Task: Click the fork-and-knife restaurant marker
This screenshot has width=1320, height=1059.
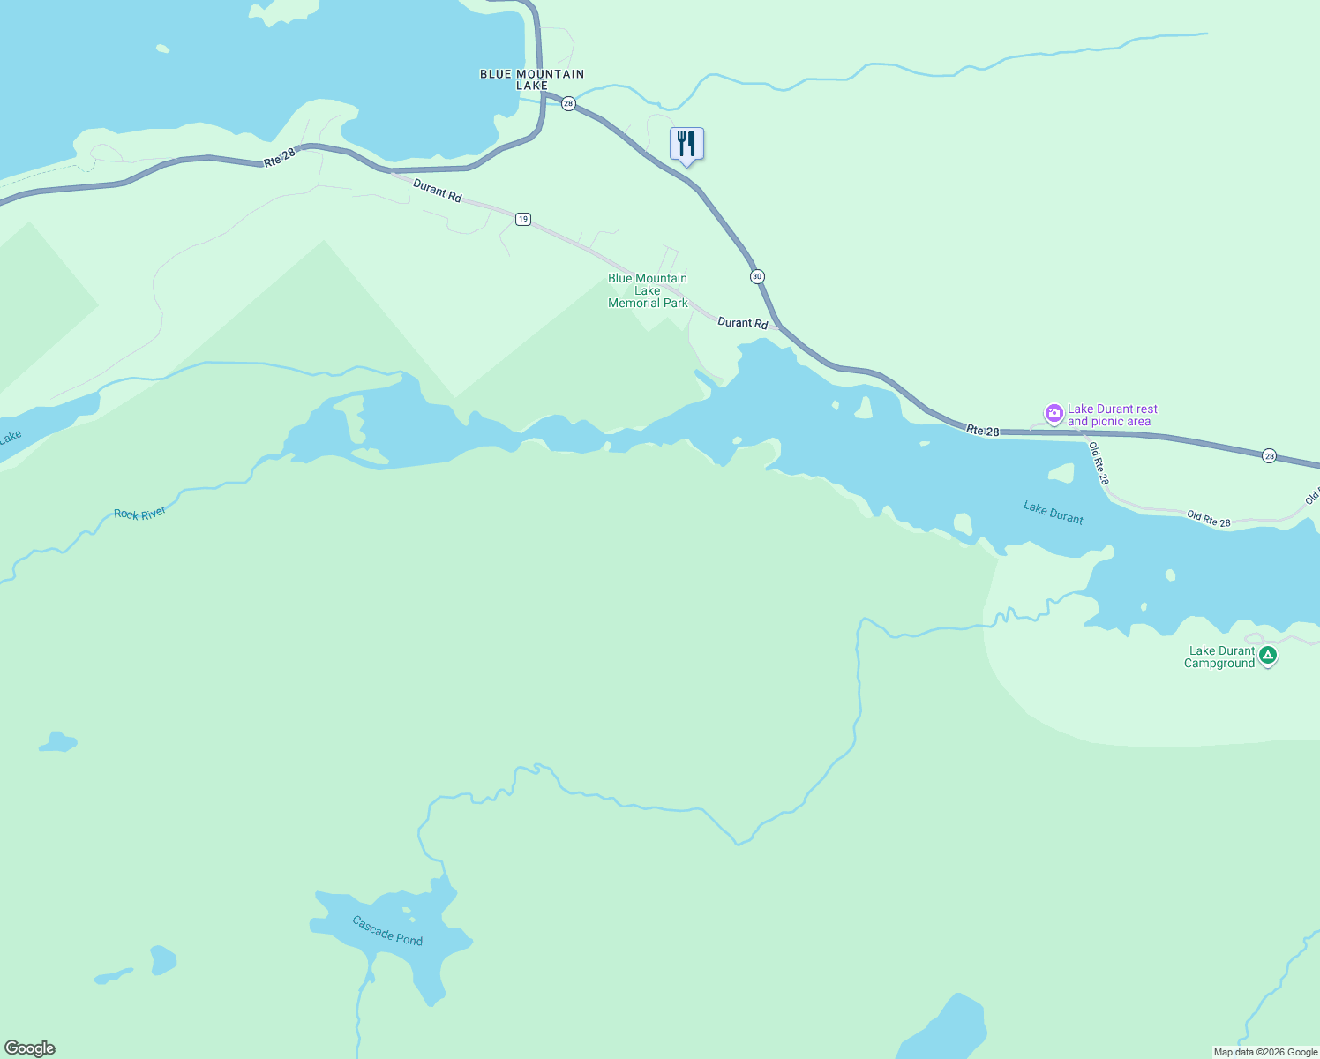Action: pyautogui.click(x=686, y=144)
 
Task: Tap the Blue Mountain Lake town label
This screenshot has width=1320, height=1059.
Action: pyautogui.click(x=532, y=79)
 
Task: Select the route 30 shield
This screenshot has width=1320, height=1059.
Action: pyautogui.click(x=757, y=276)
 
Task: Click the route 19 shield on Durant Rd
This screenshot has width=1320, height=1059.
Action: pyautogui.click(x=523, y=219)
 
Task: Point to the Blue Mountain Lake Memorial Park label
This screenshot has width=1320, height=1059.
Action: pyautogui.click(x=648, y=290)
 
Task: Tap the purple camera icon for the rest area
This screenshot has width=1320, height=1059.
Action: pyautogui.click(x=1054, y=413)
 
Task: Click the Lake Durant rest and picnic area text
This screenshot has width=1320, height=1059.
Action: pyautogui.click(x=1112, y=415)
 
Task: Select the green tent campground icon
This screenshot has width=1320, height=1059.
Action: pyautogui.click(x=1268, y=656)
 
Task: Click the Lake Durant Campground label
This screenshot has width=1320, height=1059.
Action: pyautogui.click(x=1219, y=657)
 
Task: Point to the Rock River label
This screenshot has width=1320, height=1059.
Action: pyautogui.click(x=140, y=514)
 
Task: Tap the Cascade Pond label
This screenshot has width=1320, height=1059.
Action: pyautogui.click(x=387, y=930)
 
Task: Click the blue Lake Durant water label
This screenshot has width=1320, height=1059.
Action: pyautogui.click(x=1054, y=513)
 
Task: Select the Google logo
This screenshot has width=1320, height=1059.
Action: pyautogui.click(x=30, y=1048)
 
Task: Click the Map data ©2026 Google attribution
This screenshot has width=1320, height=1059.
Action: pyautogui.click(x=1265, y=1052)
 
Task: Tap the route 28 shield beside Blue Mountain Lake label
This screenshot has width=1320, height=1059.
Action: pyautogui.click(x=568, y=103)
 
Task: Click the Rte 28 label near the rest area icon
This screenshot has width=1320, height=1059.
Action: pyautogui.click(x=982, y=431)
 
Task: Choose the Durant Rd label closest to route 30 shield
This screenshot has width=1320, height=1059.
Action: pyautogui.click(x=742, y=323)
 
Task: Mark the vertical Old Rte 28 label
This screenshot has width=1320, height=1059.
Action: pyautogui.click(x=1098, y=463)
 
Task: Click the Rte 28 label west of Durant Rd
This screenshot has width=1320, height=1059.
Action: pyautogui.click(x=280, y=158)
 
